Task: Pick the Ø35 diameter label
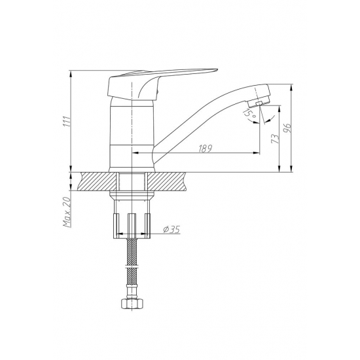(x=170, y=230)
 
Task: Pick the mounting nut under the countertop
(x=132, y=223)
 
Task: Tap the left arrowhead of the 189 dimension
(x=135, y=153)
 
